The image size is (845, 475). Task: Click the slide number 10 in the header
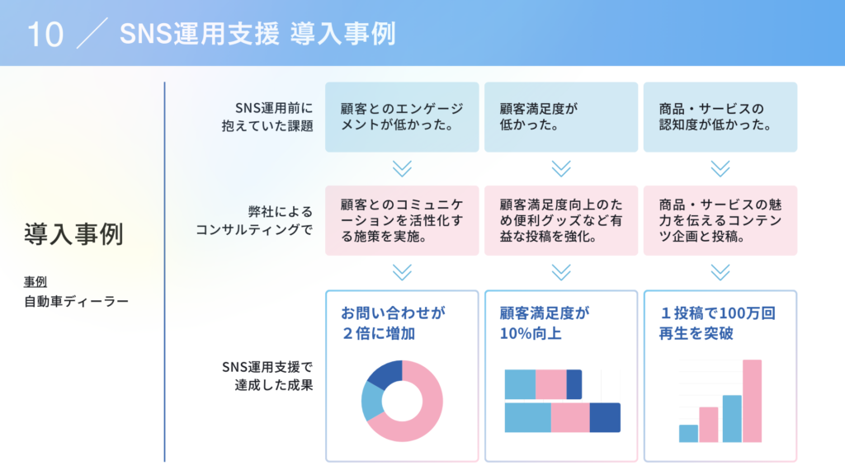[45, 35]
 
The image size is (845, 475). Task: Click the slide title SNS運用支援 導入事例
[257, 33]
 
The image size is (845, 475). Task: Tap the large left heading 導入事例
[73, 234]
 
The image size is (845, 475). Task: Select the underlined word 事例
[35, 282]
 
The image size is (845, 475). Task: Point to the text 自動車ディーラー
[76, 301]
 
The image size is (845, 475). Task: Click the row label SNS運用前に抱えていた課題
[267, 117]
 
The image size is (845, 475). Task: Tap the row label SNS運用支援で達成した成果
[267, 376]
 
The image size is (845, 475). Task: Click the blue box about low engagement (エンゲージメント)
[402, 117]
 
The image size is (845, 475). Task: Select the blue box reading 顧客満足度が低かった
[561, 117]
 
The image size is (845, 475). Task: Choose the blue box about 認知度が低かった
[720, 117]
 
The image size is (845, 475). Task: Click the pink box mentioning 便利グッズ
[561, 220]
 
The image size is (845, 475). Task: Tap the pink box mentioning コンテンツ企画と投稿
[720, 220]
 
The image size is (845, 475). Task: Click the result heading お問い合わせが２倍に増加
[394, 323]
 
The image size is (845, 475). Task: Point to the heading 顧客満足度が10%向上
[545, 323]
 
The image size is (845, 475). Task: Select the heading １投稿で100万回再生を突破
[717, 323]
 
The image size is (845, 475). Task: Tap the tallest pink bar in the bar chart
[753, 401]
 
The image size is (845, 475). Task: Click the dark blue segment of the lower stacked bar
[605, 417]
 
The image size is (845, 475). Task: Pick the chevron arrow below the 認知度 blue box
[720, 168]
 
